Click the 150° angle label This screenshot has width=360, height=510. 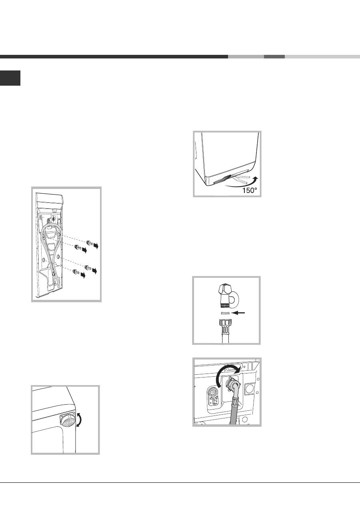(x=250, y=190)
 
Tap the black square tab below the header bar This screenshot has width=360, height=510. (x=10, y=78)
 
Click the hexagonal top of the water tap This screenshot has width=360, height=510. (x=224, y=289)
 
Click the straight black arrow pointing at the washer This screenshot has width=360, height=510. (x=239, y=313)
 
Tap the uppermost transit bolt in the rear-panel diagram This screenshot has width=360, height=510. (x=89, y=243)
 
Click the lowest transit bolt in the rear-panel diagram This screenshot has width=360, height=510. (x=75, y=271)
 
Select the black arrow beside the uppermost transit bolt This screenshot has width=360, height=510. (x=96, y=246)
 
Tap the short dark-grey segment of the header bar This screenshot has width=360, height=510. (x=274, y=57)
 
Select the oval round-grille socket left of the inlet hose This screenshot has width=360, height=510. (x=213, y=396)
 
